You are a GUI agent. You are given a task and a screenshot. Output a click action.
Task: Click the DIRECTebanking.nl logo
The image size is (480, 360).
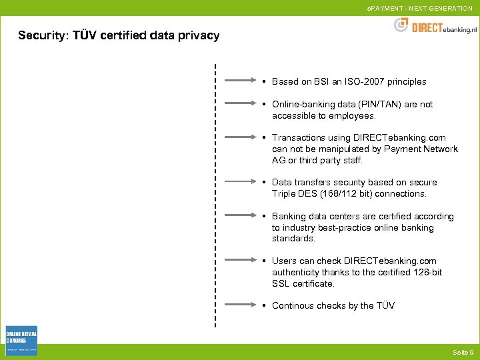pos(435,26)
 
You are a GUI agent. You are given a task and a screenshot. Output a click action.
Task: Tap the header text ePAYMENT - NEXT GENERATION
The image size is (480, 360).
pos(419,8)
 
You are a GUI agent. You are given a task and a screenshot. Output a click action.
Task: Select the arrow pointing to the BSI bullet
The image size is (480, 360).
pos(241,81)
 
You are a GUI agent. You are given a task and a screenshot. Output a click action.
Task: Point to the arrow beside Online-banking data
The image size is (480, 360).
pos(241,104)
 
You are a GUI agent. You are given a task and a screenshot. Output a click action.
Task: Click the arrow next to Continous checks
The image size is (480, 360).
pos(241,305)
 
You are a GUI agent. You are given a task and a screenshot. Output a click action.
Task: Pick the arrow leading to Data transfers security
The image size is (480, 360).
pos(241,182)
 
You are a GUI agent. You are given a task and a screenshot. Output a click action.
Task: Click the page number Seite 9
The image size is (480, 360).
pos(463,352)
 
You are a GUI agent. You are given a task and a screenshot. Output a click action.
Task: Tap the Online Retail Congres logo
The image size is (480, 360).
pos(21,340)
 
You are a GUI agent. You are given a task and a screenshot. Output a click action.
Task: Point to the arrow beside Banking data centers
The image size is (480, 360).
pos(241,216)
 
